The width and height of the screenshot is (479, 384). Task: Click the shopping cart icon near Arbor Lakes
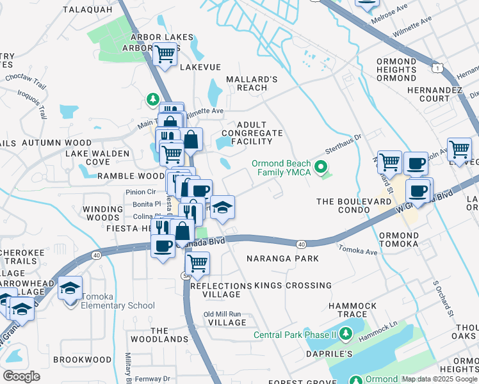click(x=165, y=55)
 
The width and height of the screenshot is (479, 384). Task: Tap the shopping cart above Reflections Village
click(x=197, y=262)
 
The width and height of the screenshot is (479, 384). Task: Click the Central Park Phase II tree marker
click(x=346, y=334)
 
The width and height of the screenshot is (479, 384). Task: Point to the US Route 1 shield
click(x=435, y=67)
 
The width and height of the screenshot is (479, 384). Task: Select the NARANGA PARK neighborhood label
click(x=282, y=259)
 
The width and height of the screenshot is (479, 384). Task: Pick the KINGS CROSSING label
click(x=293, y=285)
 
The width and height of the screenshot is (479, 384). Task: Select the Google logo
click(x=21, y=376)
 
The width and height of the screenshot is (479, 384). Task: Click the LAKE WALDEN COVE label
click(x=97, y=157)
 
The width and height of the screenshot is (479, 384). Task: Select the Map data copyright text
click(x=439, y=379)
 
